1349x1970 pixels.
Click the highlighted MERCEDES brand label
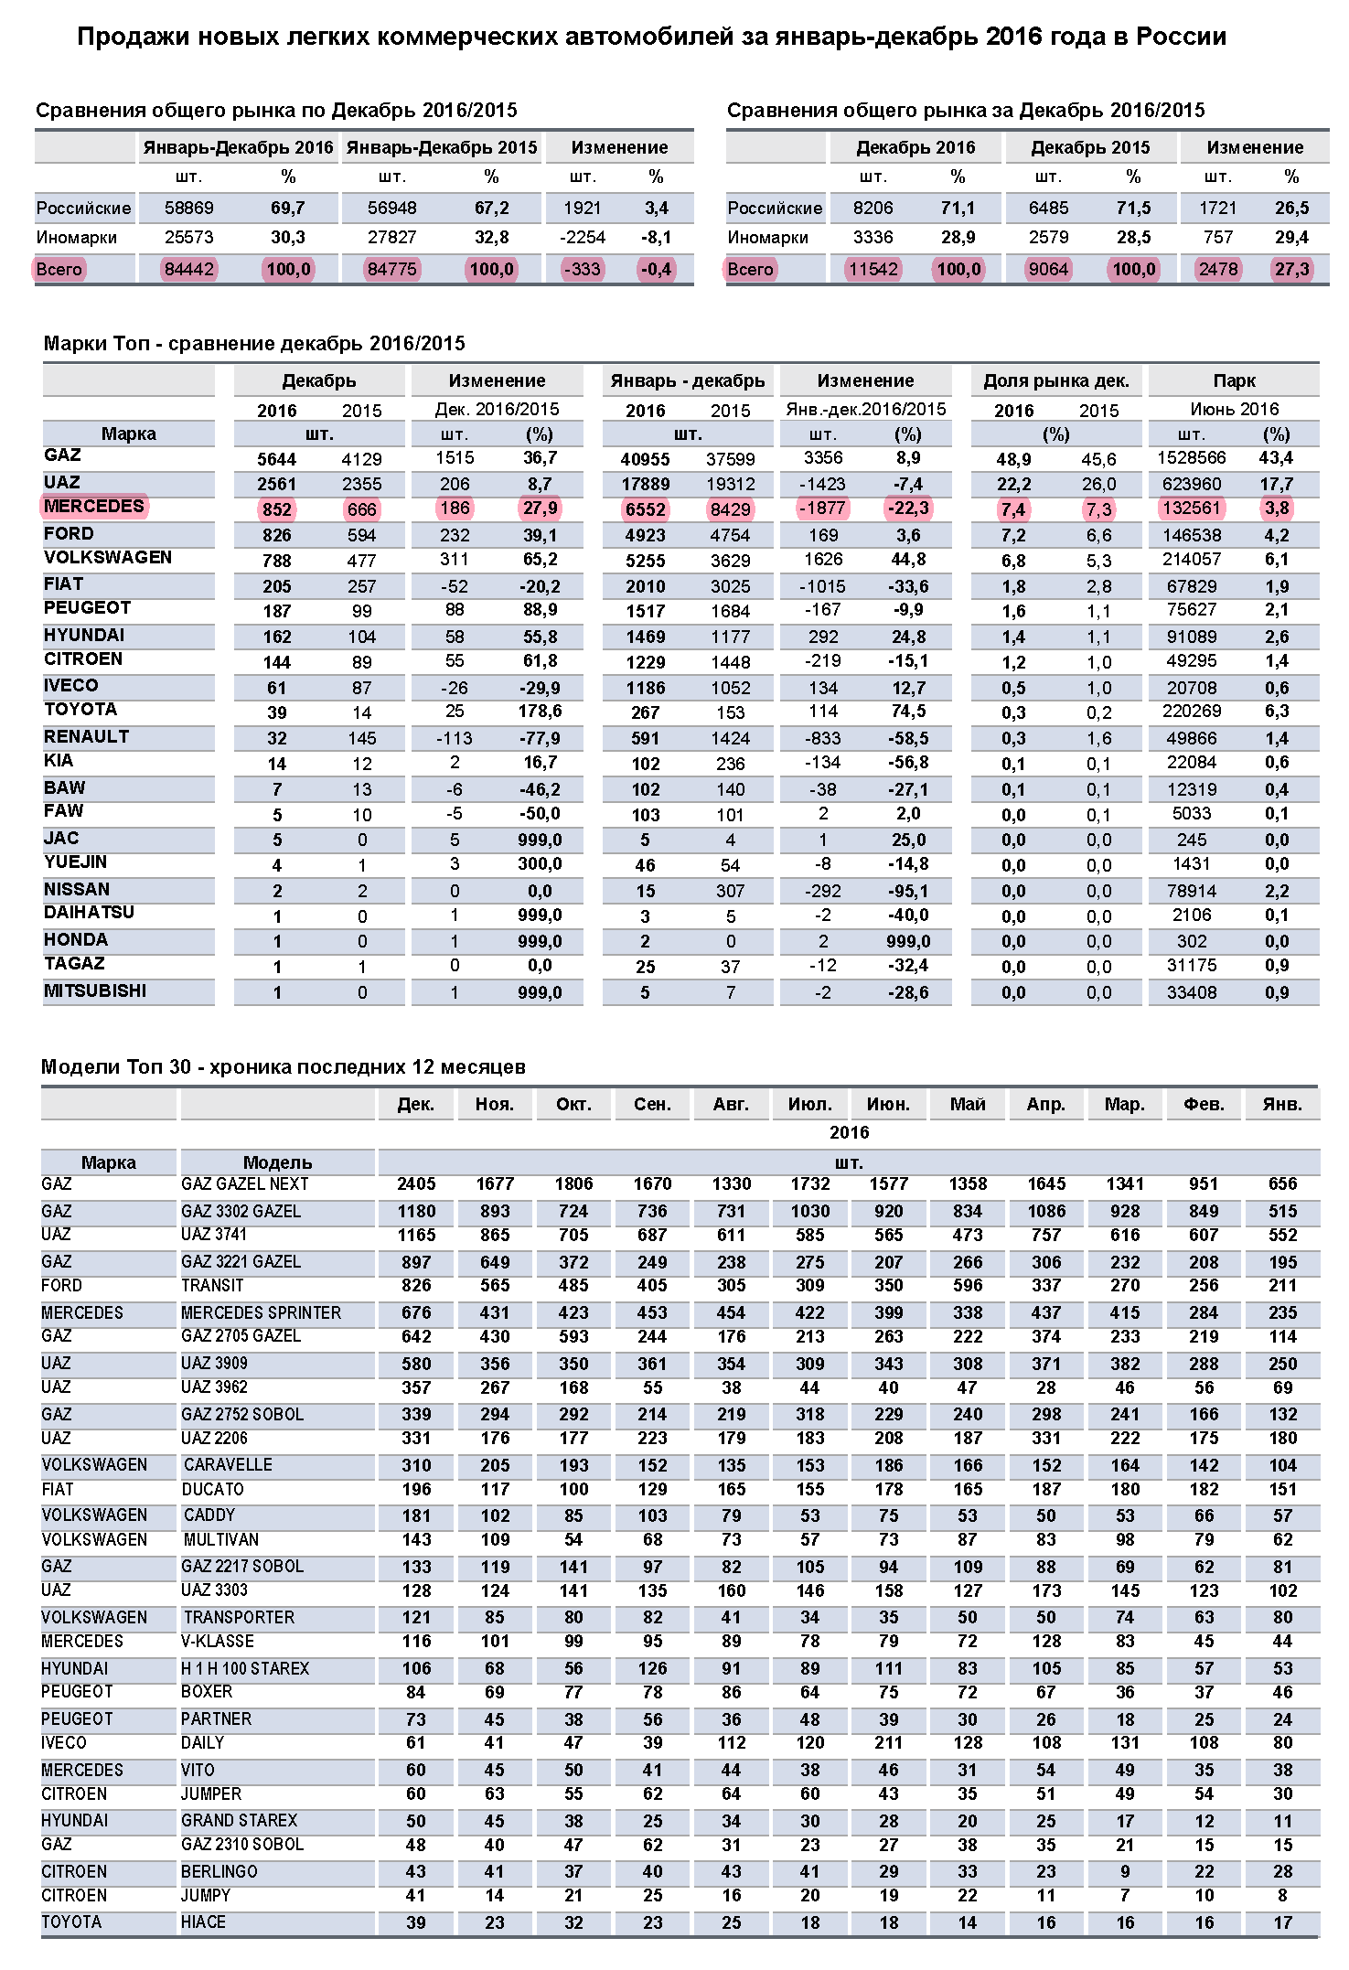click(94, 507)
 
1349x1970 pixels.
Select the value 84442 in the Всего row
click(188, 270)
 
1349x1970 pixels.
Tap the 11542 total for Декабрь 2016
click(873, 270)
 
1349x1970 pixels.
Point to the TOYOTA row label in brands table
click(80, 710)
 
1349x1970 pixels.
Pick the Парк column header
click(1234, 380)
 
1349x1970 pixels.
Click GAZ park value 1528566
click(1192, 458)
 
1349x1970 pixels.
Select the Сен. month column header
click(652, 1105)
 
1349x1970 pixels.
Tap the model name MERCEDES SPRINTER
click(261, 1313)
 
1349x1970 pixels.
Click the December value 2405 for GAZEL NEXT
click(416, 1184)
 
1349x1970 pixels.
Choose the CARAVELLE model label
click(228, 1465)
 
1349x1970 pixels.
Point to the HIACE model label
click(203, 1922)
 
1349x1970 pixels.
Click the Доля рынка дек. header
click(1055, 380)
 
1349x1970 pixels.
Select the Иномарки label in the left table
click(77, 238)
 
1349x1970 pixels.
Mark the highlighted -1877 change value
click(823, 509)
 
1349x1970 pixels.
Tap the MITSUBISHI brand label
click(95, 991)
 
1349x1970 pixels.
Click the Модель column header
click(277, 1162)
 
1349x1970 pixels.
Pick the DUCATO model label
click(212, 1490)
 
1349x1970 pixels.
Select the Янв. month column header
click(1282, 1105)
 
